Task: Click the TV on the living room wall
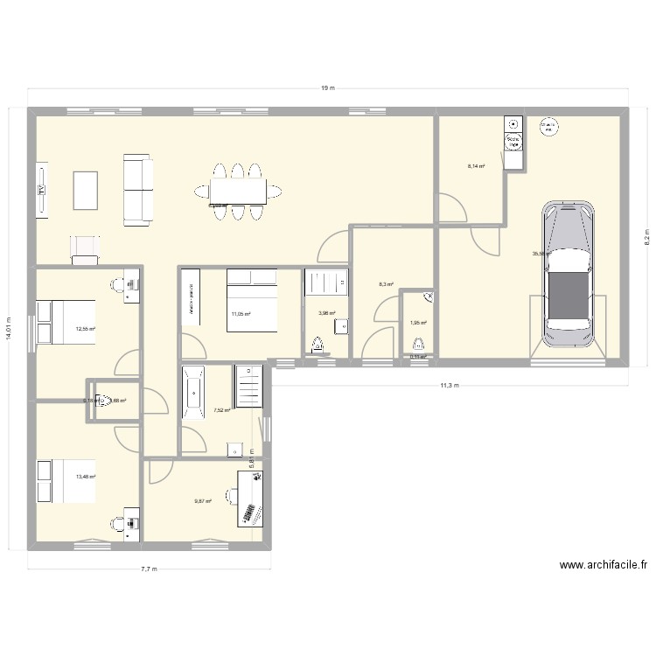pyautogui.click(x=41, y=189)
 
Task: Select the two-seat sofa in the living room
pyautogui.click(x=137, y=189)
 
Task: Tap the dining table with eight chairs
pyautogui.click(x=236, y=190)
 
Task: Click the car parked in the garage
pyautogui.click(x=568, y=275)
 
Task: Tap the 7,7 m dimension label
pyautogui.click(x=149, y=569)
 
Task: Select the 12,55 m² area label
pyautogui.click(x=86, y=329)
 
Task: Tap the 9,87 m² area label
pyautogui.click(x=203, y=501)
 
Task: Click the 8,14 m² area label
pyautogui.click(x=476, y=165)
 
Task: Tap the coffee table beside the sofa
pyautogui.click(x=86, y=190)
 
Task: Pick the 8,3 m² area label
pyautogui.click(x=386, y=284)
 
